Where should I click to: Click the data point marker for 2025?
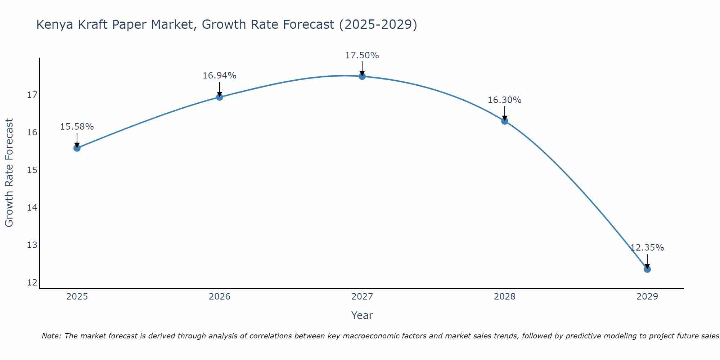tap(77, 148)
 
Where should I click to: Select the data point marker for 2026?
tap(219, 97)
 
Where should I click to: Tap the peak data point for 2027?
tap(362, 76)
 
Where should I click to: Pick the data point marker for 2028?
tap(504, 121)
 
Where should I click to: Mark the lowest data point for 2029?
tap(647, 269)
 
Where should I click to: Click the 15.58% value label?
tap(77, 127)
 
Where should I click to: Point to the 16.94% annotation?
tap(219, 76)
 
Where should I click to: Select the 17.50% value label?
tap(362, 55)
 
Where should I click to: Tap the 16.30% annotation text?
tap(504, 100)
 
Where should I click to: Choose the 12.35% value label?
tap(647, 248)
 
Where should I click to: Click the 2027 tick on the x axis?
tap(362, 297)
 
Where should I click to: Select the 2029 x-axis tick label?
tap(647, 297)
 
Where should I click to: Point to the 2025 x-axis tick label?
tap(77, 297)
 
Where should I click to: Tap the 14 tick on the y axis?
tap(32, 207)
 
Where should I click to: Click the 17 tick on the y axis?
tap(32, 95)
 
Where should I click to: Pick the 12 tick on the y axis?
tap(32, 282)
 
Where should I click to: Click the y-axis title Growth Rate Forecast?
tap(9, 172)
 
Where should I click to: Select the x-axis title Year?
tap(362, 315)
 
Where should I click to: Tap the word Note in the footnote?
tap(52, 336)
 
